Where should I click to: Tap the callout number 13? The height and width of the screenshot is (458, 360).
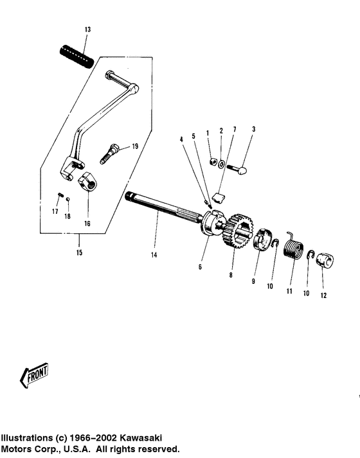click(88, 30)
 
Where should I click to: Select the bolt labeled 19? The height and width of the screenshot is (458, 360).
click(110, 152)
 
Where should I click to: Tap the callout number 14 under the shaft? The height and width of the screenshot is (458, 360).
click(154, 255)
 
